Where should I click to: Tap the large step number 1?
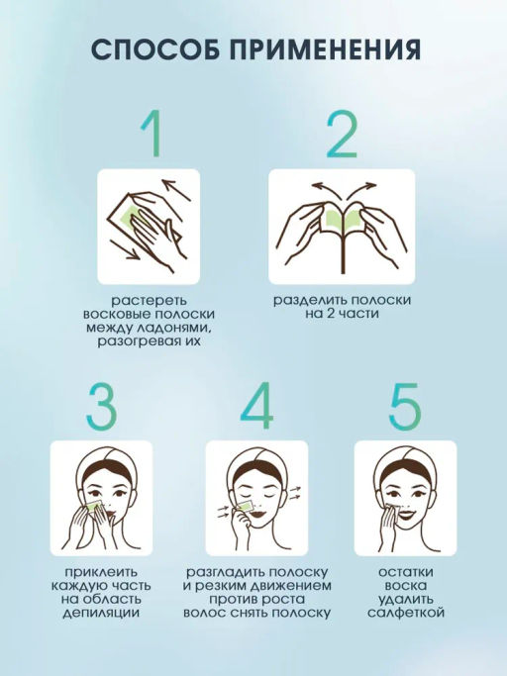click(152, 134)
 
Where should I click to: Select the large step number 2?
click(342, 134)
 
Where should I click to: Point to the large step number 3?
click(102, 405)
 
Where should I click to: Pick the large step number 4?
click(256, 405)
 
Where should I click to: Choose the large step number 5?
click(405, 405)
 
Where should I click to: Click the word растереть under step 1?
click(149, 301)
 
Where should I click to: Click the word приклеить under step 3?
click(101, 572)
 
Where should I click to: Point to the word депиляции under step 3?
click(101, 613)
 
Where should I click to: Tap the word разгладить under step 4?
click(224, 572)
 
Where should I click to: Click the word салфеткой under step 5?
click(406, 613)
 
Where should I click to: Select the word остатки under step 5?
click(406, 572)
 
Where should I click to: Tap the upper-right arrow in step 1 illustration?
click(176, 190)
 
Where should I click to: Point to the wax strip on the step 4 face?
click(246, 506)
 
